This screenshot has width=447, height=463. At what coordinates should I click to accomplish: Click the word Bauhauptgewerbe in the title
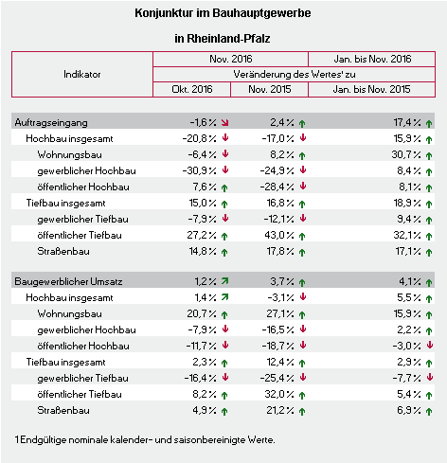click(261, 13)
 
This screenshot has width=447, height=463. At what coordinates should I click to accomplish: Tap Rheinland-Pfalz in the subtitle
click(228, 39)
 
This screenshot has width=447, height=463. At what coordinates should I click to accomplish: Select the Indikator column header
click(82, 75)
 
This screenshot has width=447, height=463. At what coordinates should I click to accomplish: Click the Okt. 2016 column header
click(192, 89)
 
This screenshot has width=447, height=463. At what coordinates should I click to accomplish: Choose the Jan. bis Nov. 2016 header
click(372, 59)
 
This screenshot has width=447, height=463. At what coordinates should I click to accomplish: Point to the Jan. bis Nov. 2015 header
click(371, 89)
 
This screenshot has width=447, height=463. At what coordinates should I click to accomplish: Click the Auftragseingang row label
click(51, 123)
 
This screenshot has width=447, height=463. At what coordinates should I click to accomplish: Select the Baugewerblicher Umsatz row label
click(68, 281)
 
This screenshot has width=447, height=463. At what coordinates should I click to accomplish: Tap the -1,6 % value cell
click(203, 122)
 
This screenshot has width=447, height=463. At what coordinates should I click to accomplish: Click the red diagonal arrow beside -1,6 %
click(224, 123)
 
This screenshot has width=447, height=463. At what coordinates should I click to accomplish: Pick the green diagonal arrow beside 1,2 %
click(224, 280)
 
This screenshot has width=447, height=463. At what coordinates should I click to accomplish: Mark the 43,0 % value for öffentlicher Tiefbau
click(279, 235)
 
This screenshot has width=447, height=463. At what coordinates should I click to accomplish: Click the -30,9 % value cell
click(199, 170)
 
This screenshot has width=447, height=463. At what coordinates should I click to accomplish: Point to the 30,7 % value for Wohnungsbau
click(406, 154)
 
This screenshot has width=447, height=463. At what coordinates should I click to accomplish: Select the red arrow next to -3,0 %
click(429, 345)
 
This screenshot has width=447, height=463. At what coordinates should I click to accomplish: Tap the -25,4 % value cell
click(277, 378)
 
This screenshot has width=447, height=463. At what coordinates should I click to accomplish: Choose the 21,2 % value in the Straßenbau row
click(280, 410)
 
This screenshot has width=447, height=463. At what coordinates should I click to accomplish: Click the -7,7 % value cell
click(406, 378)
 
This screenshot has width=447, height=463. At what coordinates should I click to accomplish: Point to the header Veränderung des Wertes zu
click(295, 75)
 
